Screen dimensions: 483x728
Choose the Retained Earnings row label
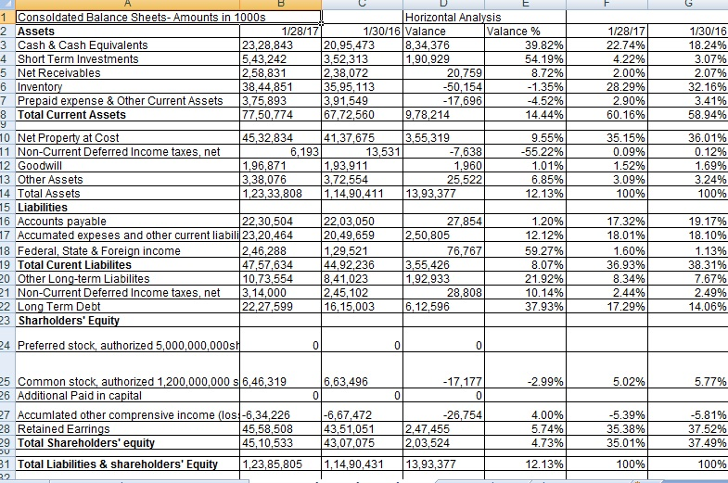pyautogui.click(x=62, y=428)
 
